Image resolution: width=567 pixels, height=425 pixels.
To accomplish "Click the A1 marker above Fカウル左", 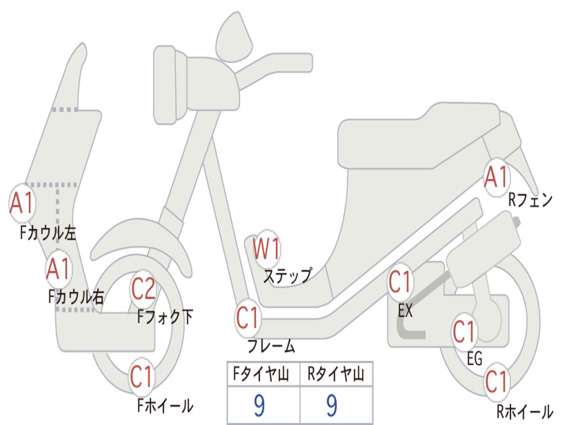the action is [23, 204].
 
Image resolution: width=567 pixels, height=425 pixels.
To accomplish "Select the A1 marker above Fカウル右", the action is [58, 269].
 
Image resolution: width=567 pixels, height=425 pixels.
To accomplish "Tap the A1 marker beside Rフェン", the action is [496, 178].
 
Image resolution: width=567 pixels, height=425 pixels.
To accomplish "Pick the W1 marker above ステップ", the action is [266, 249].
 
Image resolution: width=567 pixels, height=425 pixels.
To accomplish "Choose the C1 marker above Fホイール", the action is [142, 378].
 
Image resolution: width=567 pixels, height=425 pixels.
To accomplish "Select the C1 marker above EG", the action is [464, 332].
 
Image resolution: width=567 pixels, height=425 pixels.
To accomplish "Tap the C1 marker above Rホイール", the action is [496, 382].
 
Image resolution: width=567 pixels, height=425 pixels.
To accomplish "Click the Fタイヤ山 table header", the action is [263, 375].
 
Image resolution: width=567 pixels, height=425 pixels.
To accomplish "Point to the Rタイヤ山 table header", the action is [336, 375].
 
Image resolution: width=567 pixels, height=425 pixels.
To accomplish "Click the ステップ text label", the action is [287, 275].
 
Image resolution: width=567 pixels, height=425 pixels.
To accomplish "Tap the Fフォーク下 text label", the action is [165, 317].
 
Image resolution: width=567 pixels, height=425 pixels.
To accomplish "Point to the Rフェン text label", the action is [530, 200].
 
